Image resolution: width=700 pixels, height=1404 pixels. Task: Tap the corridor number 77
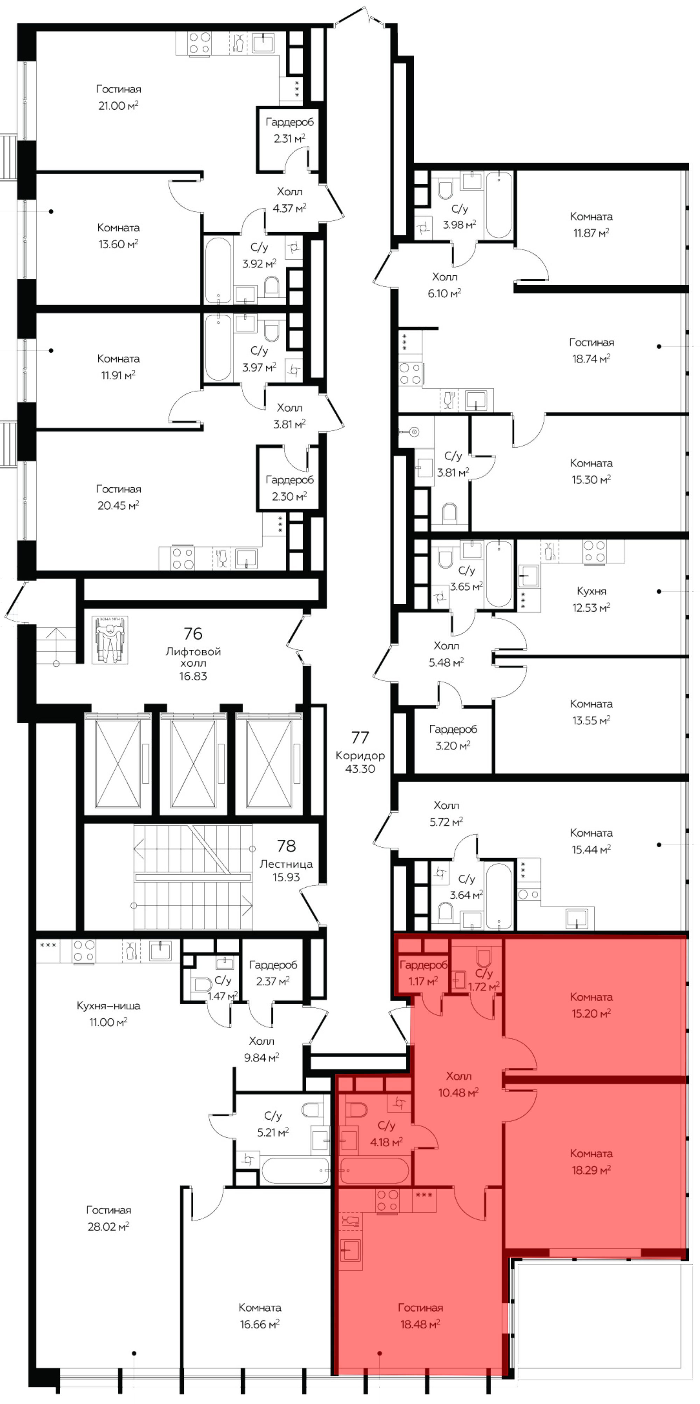(360, 737)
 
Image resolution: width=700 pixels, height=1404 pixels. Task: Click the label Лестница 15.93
(287, 870)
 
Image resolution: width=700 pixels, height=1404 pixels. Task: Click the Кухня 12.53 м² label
(591, 599)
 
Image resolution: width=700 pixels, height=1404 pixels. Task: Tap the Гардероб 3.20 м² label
(453, 737)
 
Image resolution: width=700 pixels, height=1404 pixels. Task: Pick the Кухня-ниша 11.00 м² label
(108, 1014)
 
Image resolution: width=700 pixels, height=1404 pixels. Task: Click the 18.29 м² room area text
(591, 1170)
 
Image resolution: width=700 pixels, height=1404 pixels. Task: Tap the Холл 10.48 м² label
(459, 1084)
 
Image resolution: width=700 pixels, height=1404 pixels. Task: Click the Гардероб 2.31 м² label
(290, 130)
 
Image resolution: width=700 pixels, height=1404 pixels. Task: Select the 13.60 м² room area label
(118, 244)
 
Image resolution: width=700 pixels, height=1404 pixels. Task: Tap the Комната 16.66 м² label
(259, 1316)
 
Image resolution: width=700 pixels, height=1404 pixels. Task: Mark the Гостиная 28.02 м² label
(108, 1218)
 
